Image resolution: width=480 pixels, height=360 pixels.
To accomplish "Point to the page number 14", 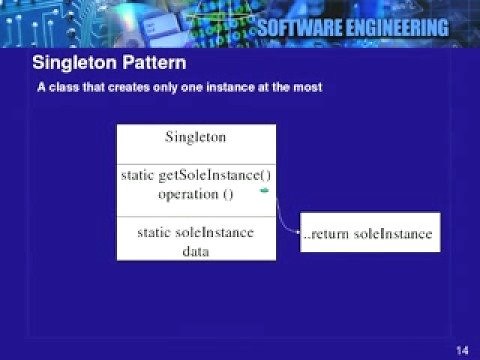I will pyautogui.click(x=462, y=349).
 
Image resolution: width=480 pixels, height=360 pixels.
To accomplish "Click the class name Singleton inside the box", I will pyautogui.click(x=195, y=136).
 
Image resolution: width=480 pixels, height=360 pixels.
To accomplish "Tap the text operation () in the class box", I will pyautogui.click(x=195, y=193).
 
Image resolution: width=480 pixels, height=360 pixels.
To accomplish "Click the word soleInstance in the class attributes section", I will pyautogui.click(x=215, y=232).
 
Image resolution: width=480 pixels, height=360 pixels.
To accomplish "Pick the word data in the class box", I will pyautogui.click(x=195, y=251).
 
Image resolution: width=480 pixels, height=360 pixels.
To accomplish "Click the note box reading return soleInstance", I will pyautogui.click(x=368, y=235).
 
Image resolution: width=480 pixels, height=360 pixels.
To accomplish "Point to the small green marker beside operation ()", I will pyautogui.click(x=264, y=189).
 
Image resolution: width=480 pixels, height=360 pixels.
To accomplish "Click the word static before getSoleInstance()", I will pyautogui.click(x=138, y=175).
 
